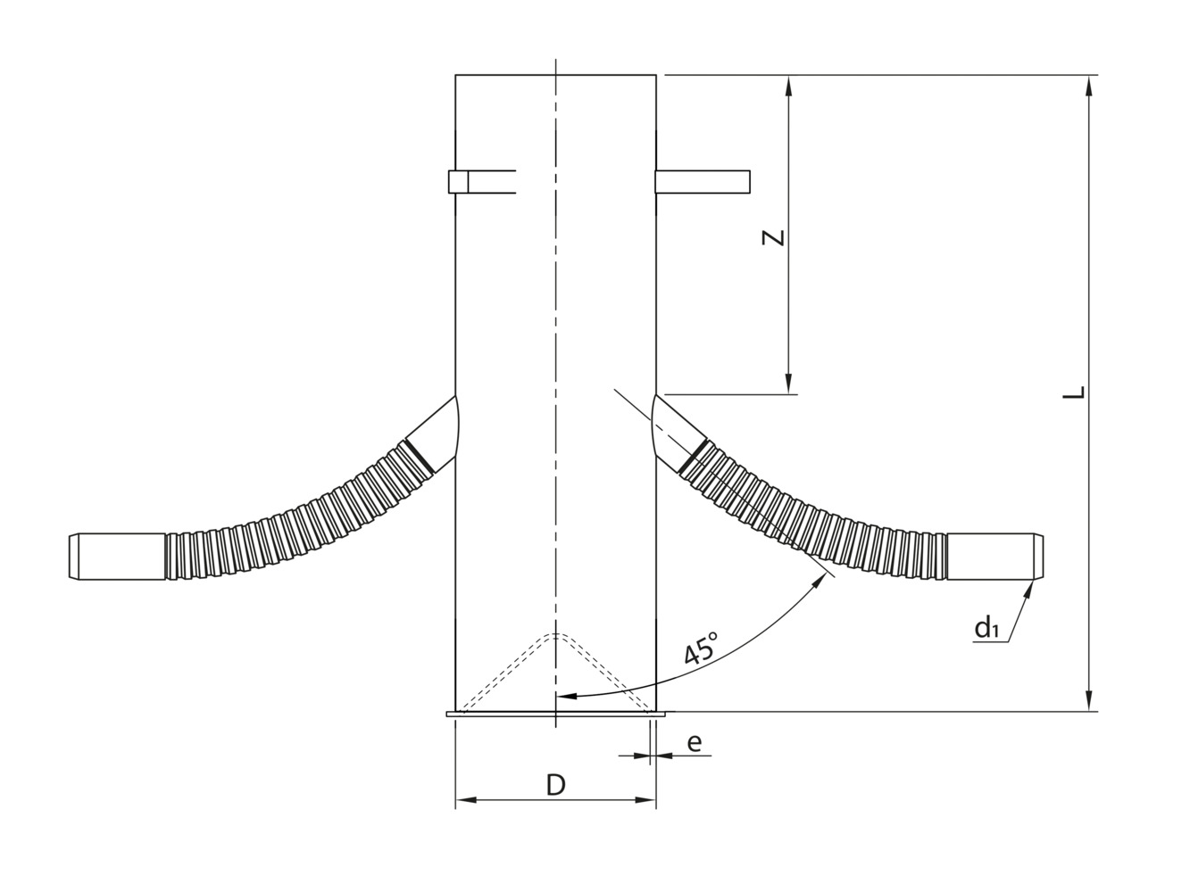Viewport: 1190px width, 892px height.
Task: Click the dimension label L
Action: (1078, 392)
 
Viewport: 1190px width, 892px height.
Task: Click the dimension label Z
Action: (776, 236)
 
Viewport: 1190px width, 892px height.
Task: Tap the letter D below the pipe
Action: (555, 785)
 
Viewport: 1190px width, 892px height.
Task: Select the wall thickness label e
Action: (695, 742)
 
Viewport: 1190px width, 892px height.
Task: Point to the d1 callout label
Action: (986, 629)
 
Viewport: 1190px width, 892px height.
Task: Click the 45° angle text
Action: (702, 649)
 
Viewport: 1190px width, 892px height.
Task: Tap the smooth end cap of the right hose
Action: (994, 556)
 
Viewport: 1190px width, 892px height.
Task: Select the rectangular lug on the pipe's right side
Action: (703, 181)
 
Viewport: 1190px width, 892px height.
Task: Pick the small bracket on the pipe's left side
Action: (460, 181)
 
